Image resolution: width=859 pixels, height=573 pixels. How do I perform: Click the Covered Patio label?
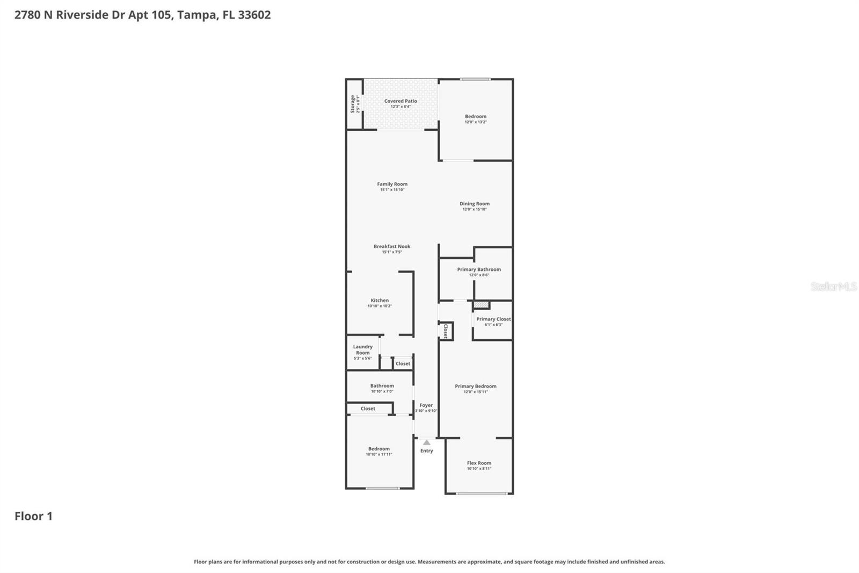[401, 101]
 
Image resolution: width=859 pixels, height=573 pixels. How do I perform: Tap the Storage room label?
[353, 104]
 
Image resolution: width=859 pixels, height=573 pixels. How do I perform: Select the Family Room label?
[392, 184]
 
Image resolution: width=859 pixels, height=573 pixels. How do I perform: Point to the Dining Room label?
[475, 204]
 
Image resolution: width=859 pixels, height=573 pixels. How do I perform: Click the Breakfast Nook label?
[392, 246]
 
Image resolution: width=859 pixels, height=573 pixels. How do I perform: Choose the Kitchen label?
[380, 300]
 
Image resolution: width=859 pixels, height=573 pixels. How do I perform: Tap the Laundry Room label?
[363, 350]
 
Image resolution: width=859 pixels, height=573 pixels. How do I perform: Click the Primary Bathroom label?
[479, 269]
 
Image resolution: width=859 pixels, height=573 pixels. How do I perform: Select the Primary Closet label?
[493, 319]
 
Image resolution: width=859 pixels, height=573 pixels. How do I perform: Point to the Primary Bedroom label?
[476, 386]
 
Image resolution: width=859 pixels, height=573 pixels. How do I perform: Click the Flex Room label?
[479, 463]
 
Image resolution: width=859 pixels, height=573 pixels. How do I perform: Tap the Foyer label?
[426, 405]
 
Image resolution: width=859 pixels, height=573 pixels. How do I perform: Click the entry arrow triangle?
[426, 442]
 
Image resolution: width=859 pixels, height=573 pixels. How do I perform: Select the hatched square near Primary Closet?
[481, 305]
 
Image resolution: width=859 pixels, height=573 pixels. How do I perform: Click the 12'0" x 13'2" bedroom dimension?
[476, 122]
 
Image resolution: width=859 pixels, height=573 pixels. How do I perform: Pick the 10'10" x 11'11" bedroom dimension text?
[379, 454]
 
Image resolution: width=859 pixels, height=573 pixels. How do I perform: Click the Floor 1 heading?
[33, 516]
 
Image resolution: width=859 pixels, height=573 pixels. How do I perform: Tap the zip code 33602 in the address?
[254, 15]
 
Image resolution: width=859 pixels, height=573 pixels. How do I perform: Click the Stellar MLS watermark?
[833, 286]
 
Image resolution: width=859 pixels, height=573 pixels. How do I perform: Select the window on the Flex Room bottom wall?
[482, 493]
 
